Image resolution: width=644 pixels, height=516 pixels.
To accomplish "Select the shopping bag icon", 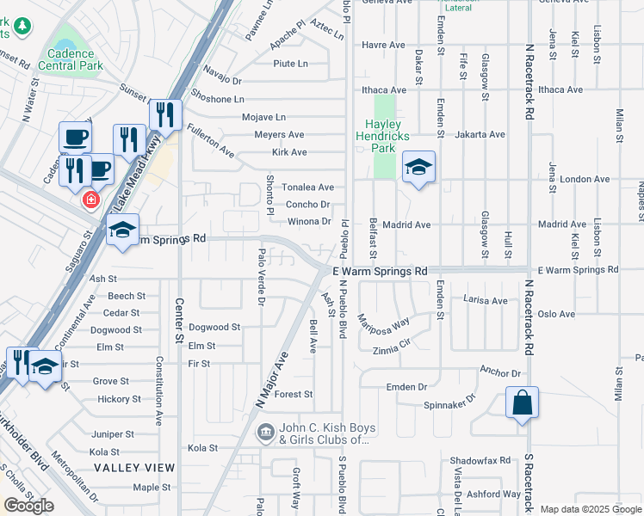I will pos(523,402).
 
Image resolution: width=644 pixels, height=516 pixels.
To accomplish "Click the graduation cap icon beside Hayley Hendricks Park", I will pos(418,167).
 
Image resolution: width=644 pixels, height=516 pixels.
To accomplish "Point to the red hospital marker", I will pos(90,200).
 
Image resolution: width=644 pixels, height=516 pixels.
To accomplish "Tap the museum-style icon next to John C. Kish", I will pos(266,429).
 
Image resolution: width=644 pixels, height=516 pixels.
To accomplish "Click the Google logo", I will pos(28,506).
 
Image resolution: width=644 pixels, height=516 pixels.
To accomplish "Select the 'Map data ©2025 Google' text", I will pos(591,509).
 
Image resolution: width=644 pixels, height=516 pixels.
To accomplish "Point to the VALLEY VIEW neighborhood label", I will pos(134,468).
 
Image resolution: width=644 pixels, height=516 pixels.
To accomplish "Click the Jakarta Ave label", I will pos(480,134).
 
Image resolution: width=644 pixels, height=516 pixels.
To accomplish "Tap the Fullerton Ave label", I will pos(210,142).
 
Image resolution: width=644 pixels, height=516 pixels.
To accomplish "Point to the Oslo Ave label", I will pos(556,314).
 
